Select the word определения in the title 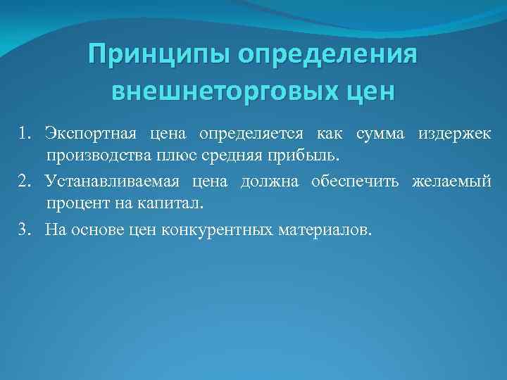point(330,54)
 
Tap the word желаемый point(451,182)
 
